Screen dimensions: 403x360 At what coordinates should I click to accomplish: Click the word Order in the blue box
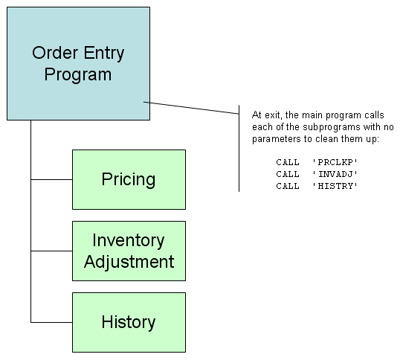click(55, 53)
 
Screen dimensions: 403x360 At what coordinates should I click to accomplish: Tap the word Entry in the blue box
click(104, 54)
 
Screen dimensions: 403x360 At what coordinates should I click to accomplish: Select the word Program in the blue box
click(78, 75)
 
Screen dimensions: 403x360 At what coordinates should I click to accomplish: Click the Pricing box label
click(129, 179)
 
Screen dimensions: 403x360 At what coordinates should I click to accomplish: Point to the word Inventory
click(128, 241)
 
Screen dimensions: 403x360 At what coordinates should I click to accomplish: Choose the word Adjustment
click(129, 263)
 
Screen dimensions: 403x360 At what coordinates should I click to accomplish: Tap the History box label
click(129, 322)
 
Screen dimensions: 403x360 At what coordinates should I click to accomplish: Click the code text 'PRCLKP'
click(335, 162)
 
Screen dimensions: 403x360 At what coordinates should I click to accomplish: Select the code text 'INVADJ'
click(335, 174)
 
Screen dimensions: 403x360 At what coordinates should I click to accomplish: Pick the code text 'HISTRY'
click(335, 186)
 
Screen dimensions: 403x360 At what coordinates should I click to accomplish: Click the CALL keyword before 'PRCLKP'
click(288, 162)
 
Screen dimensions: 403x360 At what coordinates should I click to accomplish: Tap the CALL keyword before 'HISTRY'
click(288, 186)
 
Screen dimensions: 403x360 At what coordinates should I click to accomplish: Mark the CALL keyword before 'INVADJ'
click(288, 174)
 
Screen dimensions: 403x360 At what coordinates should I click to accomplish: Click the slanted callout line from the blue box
click(191, 108)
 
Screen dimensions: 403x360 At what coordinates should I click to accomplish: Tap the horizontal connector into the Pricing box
click(51, 179)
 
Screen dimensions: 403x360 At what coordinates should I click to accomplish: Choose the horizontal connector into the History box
click(51, 322)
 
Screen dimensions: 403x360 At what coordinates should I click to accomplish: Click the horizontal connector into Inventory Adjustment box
click(51, 251)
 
